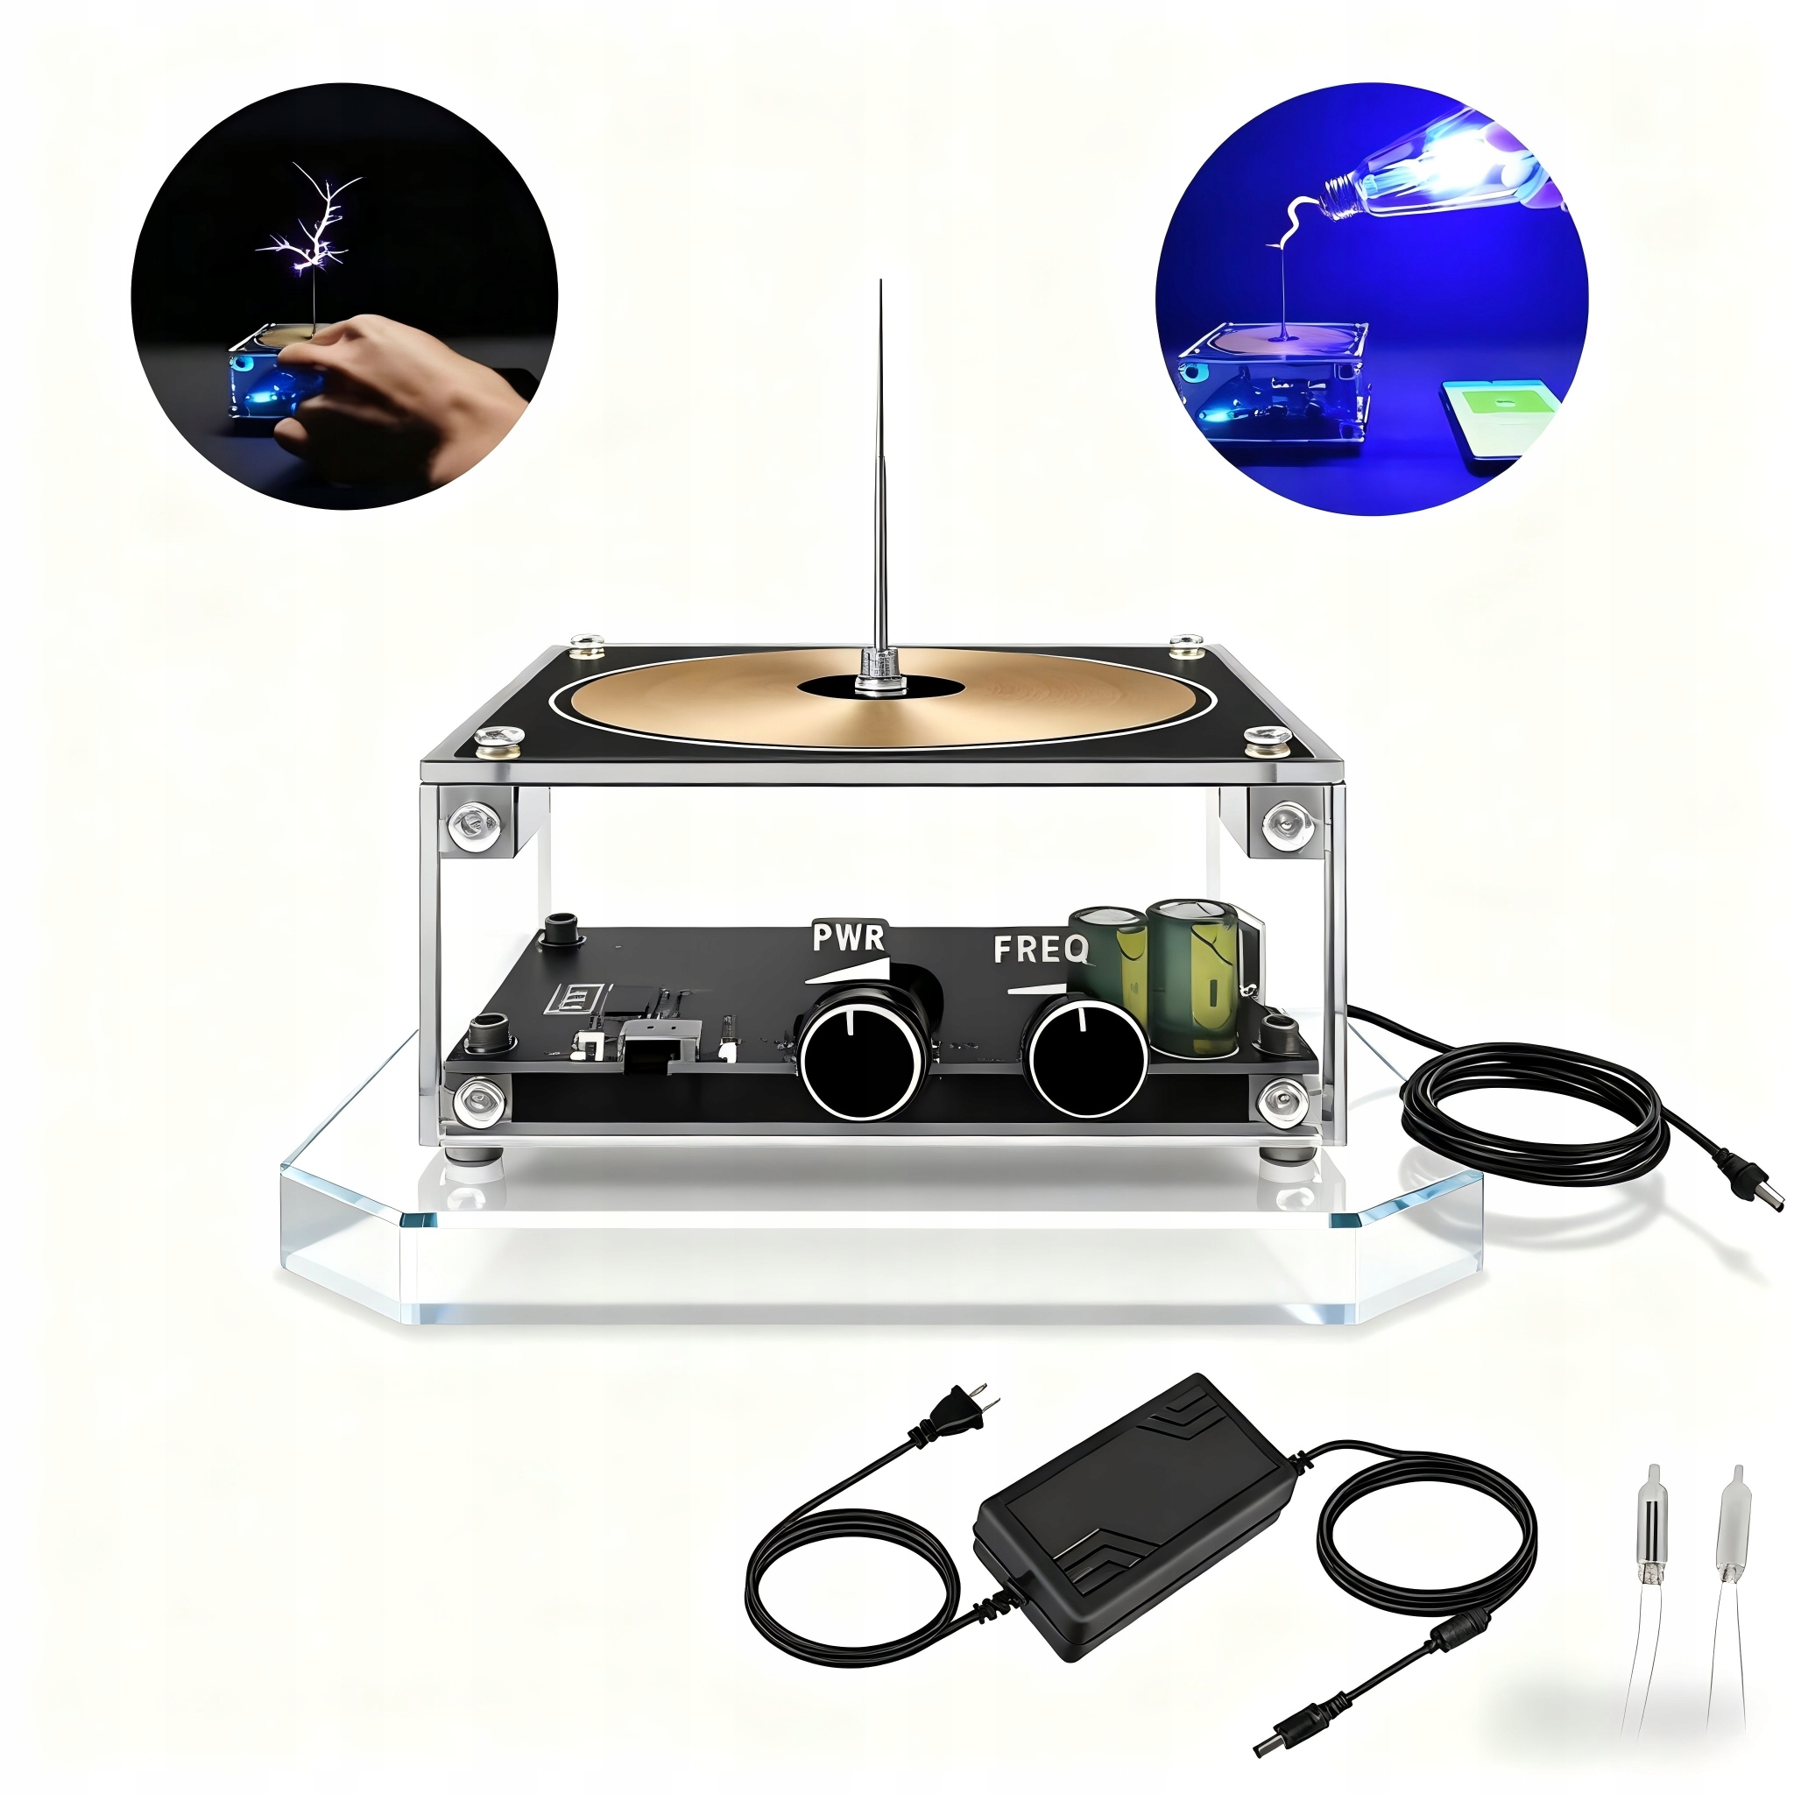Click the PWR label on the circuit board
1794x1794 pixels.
point(849,937)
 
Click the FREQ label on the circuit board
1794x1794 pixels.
point(1040,949)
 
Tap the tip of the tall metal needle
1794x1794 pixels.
point(880,284)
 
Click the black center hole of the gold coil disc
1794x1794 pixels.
point(879,688)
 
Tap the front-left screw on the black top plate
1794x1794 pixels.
point(490,739)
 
